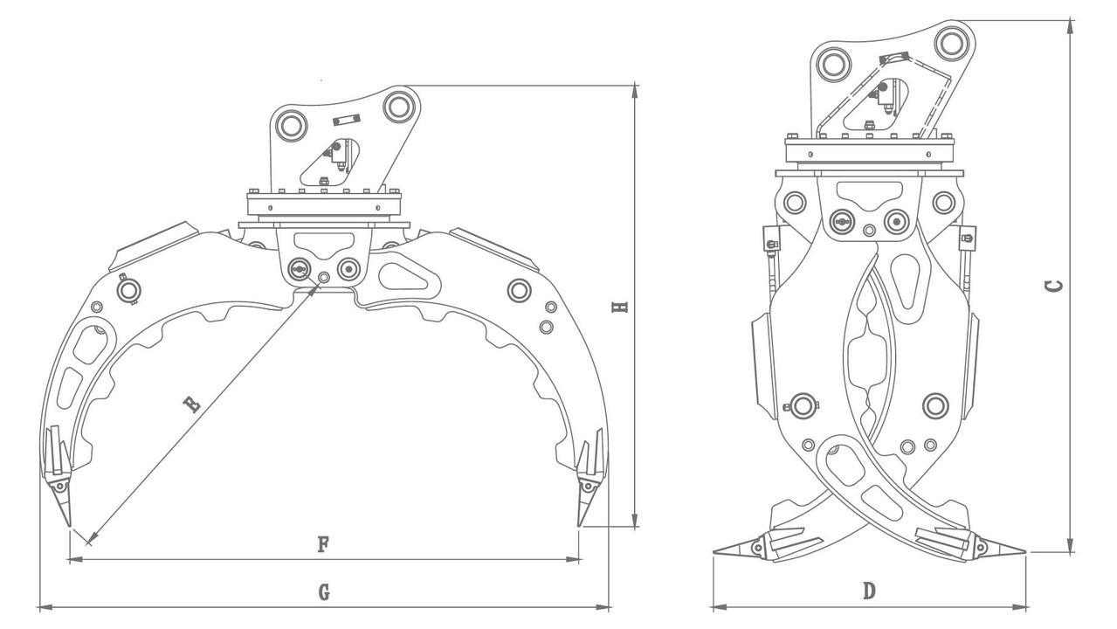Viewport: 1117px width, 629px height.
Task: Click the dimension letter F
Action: click(x=323, y=543)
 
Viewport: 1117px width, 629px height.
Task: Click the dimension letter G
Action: click(x=324, y=592)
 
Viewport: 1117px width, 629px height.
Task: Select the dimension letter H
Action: click(x=620, y=307)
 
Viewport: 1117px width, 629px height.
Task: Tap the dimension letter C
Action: click(x=1053, y=287)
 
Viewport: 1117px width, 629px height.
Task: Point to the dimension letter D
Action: click(x=869, y=591)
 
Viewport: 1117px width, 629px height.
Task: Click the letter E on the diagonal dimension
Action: click(x=192, y=404)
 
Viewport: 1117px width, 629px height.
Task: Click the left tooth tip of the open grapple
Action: click(x=69, y=526)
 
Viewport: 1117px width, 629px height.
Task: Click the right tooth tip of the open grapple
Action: click(x=578, y=525)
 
